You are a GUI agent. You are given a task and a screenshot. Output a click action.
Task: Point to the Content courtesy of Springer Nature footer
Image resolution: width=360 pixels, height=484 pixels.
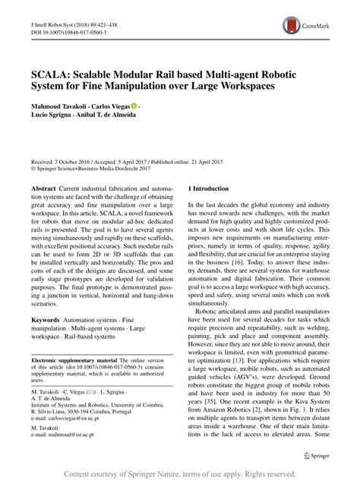click(x=180, y=473)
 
